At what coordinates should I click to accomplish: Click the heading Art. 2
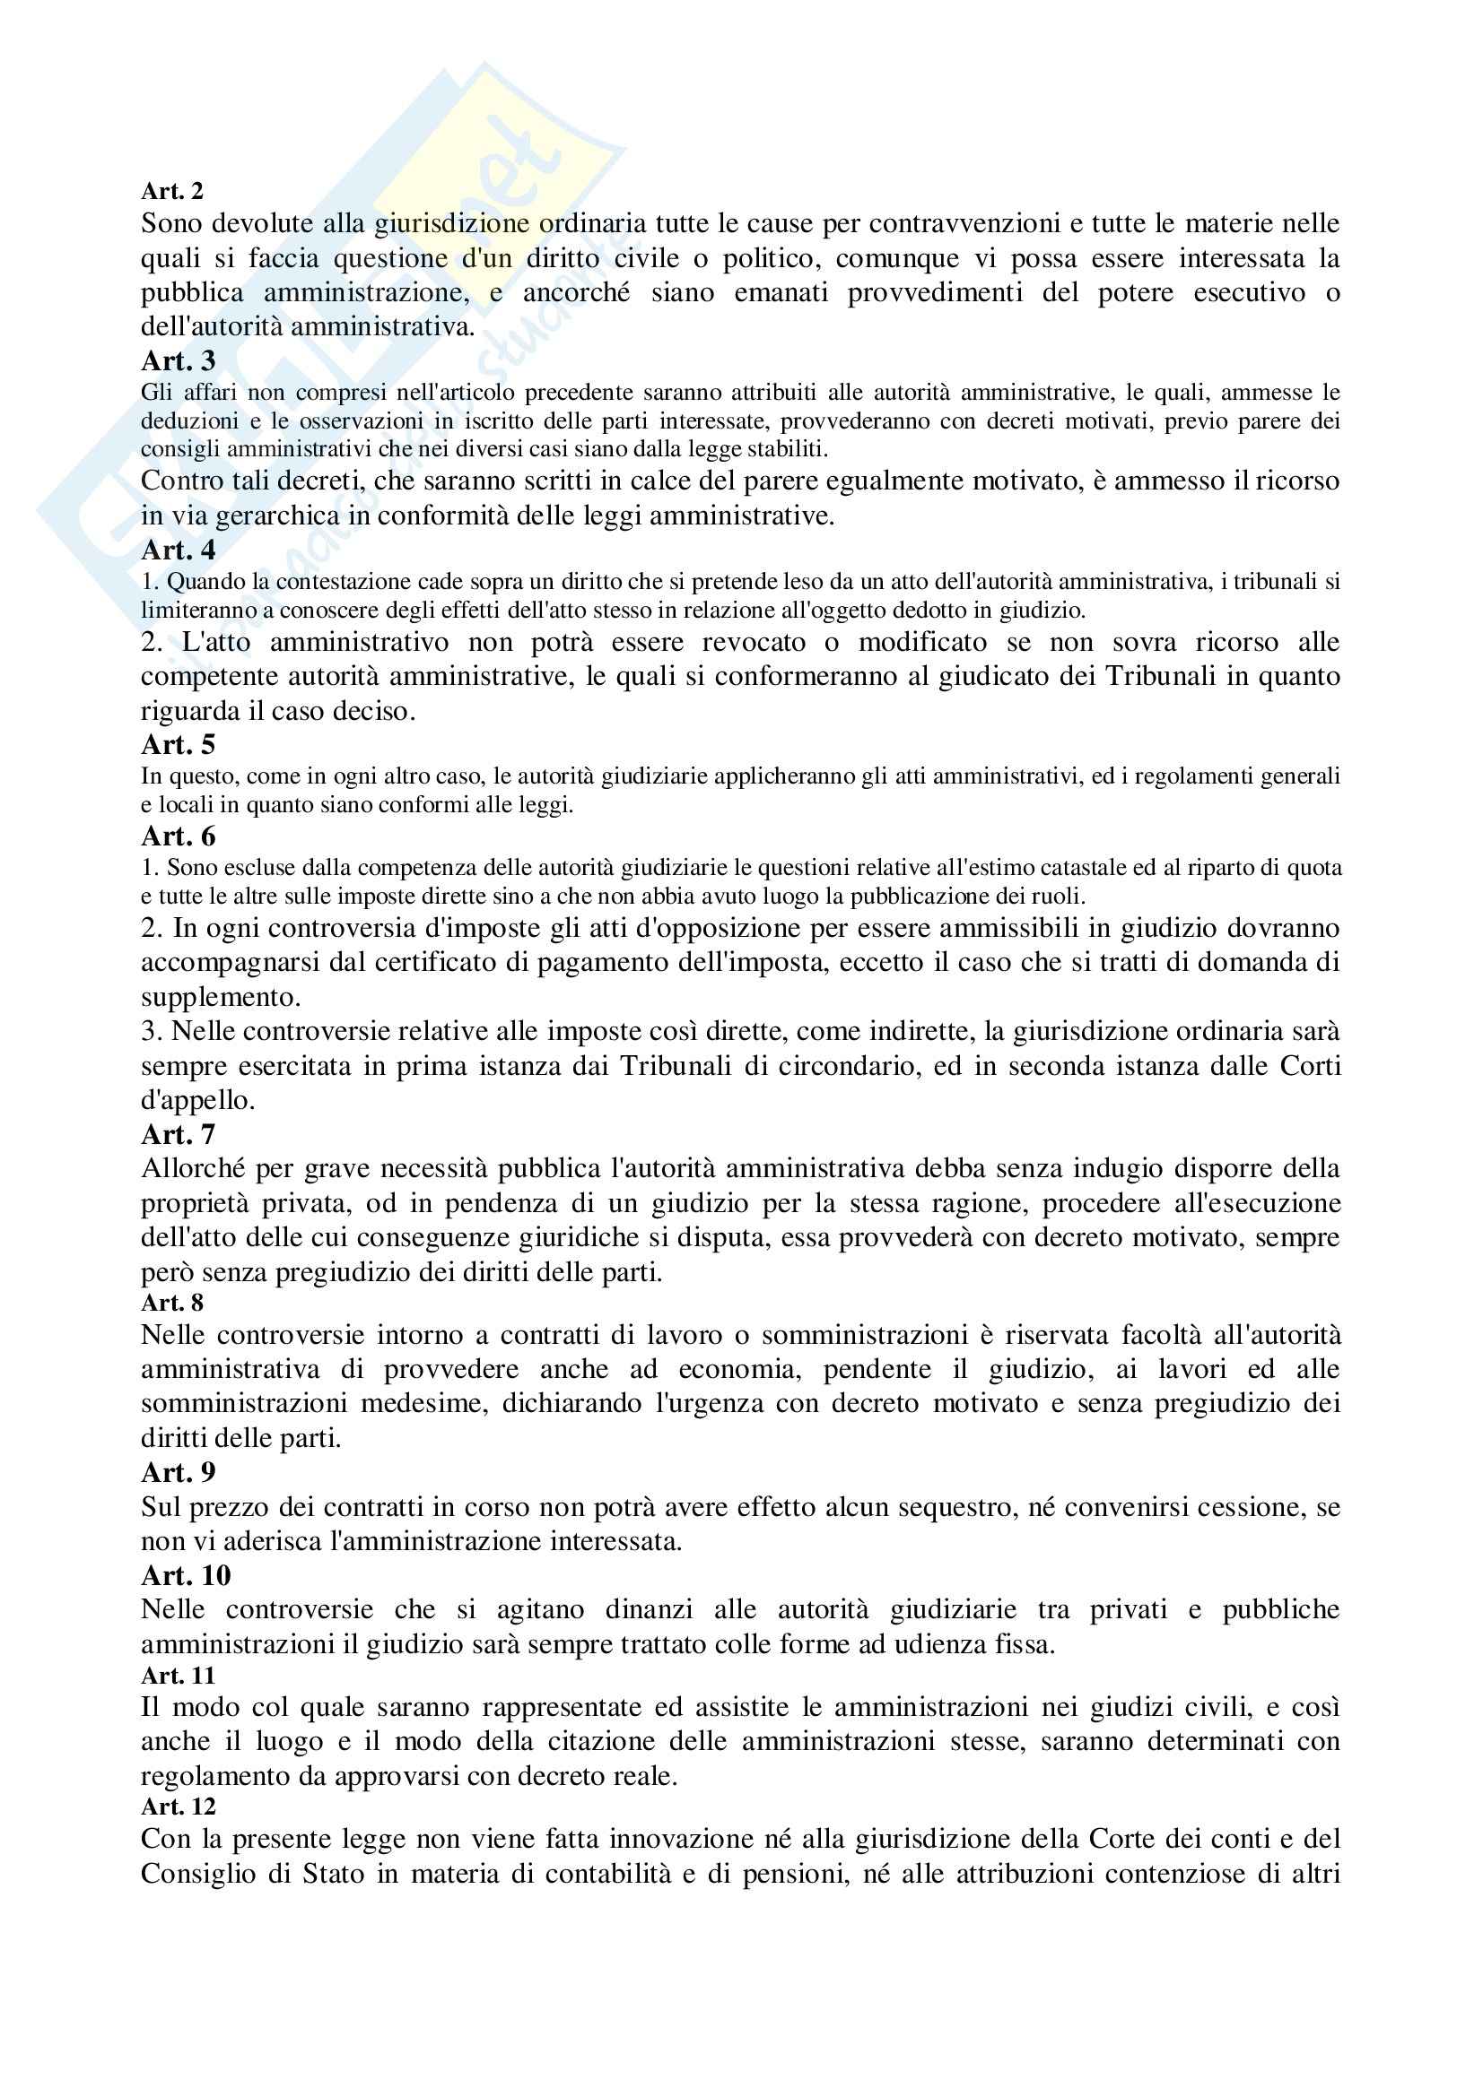(x=171, y=191)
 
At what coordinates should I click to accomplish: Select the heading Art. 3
(x=179, y=360)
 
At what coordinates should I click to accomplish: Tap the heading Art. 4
(x=179, y=550)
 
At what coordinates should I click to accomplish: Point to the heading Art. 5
(x=179, y=744)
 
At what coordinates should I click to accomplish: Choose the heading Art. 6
(x=179, y=836)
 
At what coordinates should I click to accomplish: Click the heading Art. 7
(x=179, y=1134)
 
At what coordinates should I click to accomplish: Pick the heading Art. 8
(x=171, y=1303)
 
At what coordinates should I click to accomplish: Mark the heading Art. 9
(x=179, y=1472)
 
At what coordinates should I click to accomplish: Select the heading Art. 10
(x=186, y=1575)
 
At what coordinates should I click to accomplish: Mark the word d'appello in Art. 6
(x=197, y=1101)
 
